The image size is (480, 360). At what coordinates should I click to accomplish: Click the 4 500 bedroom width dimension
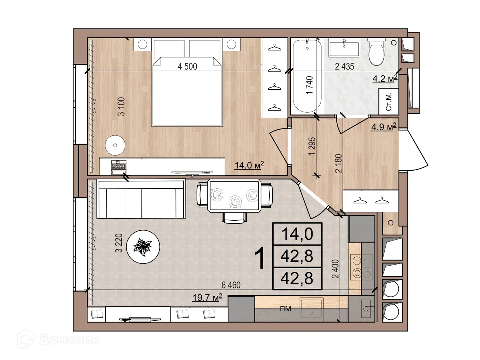click(187, 66)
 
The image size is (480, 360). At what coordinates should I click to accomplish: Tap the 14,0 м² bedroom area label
click(249, 165)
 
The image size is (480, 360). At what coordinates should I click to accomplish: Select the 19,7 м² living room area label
click(207, 297)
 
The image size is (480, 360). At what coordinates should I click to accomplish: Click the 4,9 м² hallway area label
click(384, 127)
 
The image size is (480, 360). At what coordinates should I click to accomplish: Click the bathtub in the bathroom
click(307, 76)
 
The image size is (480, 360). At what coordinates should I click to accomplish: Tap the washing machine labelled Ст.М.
click(389, 102)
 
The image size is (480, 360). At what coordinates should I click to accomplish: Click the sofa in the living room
click(141, 199)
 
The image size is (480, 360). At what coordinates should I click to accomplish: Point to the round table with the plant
click(143, 247)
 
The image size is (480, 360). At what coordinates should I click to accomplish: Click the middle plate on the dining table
click(235, 201)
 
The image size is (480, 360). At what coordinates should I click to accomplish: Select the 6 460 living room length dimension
click(231, 285)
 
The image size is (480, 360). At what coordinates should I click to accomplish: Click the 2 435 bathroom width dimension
click(344, 66)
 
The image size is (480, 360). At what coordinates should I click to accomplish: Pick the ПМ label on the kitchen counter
click(286, 309)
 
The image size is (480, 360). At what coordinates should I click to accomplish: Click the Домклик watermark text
click(69, 340)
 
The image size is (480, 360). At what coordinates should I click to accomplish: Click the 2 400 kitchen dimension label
click(335, 269)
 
